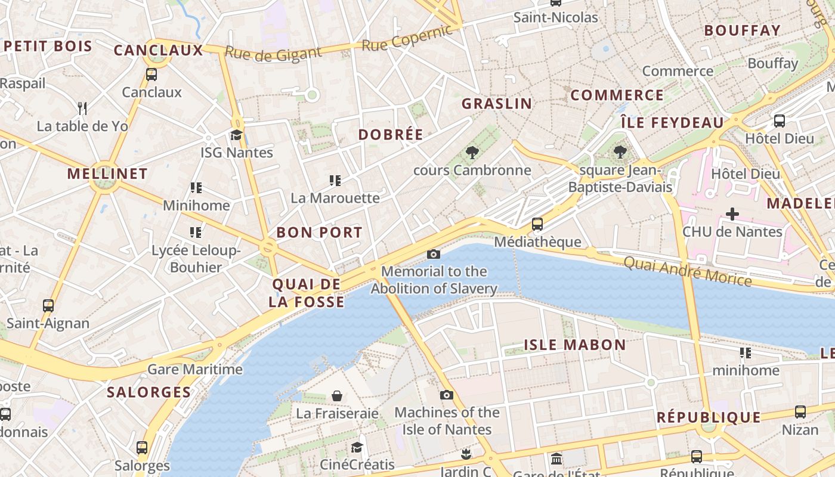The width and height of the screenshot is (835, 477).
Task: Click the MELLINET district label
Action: (107, 174)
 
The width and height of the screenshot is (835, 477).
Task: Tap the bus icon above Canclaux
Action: (151, 75)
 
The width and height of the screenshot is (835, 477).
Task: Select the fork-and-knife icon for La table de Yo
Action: (82, 109)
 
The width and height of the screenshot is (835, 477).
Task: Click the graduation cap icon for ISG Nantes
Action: (237, 135)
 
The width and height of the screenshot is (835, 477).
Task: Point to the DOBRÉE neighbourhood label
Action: (391, 135)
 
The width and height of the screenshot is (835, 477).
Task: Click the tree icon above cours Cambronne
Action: (472, 153)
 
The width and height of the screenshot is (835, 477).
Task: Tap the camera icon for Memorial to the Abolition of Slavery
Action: (434, 255)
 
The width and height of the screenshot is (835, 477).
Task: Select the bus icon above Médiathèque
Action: (537, 224)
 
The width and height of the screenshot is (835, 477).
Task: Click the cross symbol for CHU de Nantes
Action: (732, 214)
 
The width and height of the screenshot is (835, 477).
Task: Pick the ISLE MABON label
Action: (575, 345)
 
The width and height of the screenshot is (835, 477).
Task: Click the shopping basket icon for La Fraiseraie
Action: (337, 396)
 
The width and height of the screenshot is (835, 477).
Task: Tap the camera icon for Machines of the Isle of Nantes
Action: (446, 395)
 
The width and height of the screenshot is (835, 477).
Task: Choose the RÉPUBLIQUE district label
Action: (709, 417)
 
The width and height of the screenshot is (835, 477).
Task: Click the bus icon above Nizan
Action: (800, 412)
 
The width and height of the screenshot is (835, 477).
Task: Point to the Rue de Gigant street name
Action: (273, 54)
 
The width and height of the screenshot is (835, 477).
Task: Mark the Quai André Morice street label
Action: (687, 271)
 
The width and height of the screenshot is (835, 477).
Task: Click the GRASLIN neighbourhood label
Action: (497, 104)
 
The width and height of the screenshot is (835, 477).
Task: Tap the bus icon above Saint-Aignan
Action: (48, 306)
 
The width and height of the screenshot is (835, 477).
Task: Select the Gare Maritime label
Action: (195, 369)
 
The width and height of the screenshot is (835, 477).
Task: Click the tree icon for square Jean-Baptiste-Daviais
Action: (620, 153)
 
